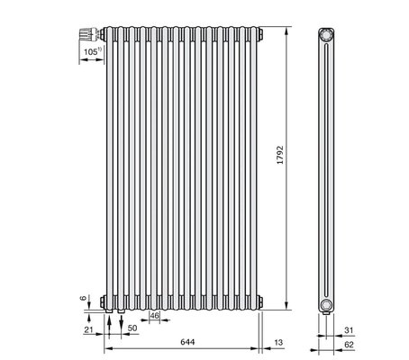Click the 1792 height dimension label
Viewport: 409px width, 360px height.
280,155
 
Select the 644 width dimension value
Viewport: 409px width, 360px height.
187,342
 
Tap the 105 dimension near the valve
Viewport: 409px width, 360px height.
90,52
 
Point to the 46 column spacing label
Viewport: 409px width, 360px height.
155,316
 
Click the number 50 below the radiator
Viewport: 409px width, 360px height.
132,328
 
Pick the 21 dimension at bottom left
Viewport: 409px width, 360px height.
88,330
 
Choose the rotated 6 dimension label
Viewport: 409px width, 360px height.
83,298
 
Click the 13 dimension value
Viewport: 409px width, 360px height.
278,342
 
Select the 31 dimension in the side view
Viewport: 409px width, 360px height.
349,330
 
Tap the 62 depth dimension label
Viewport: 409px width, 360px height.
349,345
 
